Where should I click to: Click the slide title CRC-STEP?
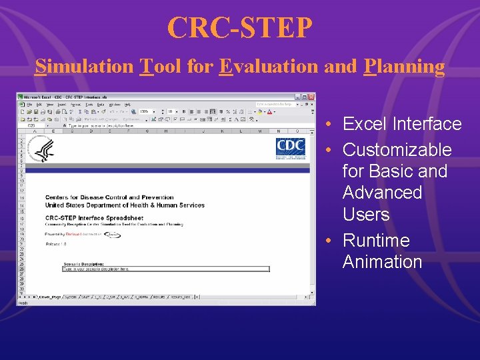pyautogui.click(x=240, y=28)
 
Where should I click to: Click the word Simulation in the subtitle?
pyautogui.click(x=84, y=67)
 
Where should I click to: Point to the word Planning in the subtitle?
pyautogui.click(x=405, y=67)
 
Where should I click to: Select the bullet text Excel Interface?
pyautogui.click(x=401, y=124)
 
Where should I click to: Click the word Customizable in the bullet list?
pyautogui.click(x=397, y=150)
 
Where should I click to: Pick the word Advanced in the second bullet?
pyautogui.click(x=382, y=193)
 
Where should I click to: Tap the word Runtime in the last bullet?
pyautogui.click(x=376, y=240)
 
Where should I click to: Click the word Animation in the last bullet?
pyautogui.click(x=382, y=262)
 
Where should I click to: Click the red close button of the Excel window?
pyautogui.click(x=311, y=97)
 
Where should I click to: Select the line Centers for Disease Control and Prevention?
pyautogui.click(x=109, y=197)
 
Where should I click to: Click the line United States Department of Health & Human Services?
pyautogui.click(x=125, y=205)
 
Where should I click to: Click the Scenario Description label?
pyautogui.click(x=85, y=264)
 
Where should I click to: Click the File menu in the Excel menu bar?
pyautogui.click(x=29, y=105)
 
